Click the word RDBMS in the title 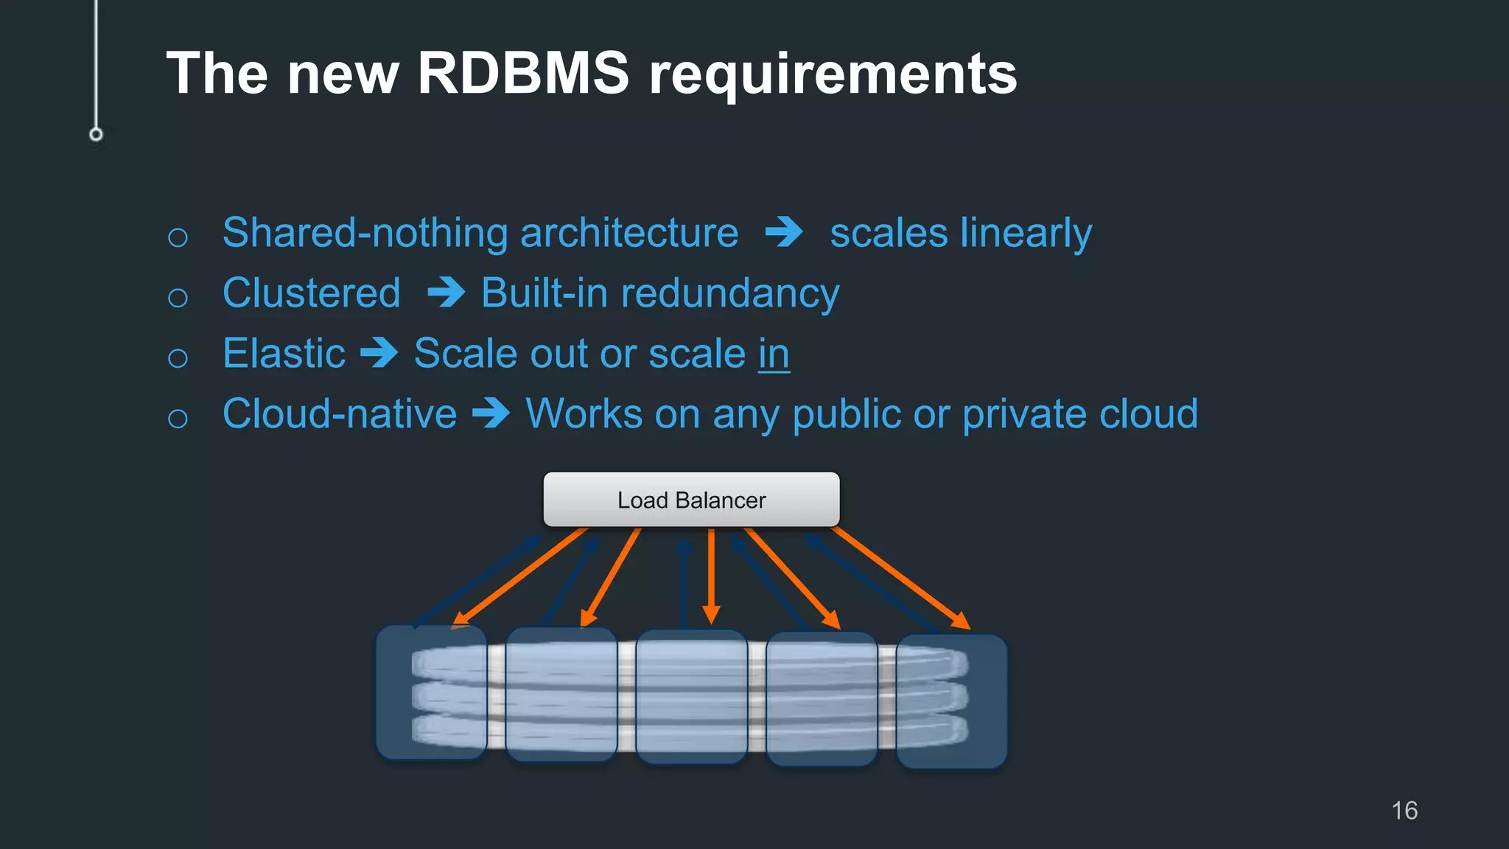click(523, 74)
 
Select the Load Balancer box click(691, 500)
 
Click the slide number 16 click(1404, 811)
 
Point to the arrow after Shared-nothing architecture click(784, 232)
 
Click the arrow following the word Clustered click(446, 293)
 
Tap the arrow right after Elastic click(379, 353)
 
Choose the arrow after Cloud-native click(491, 413)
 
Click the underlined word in click(774, 354)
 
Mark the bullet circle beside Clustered click(178, 298)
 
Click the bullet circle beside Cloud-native click(178, 419)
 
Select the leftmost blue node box click(431, 692)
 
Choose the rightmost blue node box click(951, 701)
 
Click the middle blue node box click(691, 696)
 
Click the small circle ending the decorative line click(96, 134)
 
